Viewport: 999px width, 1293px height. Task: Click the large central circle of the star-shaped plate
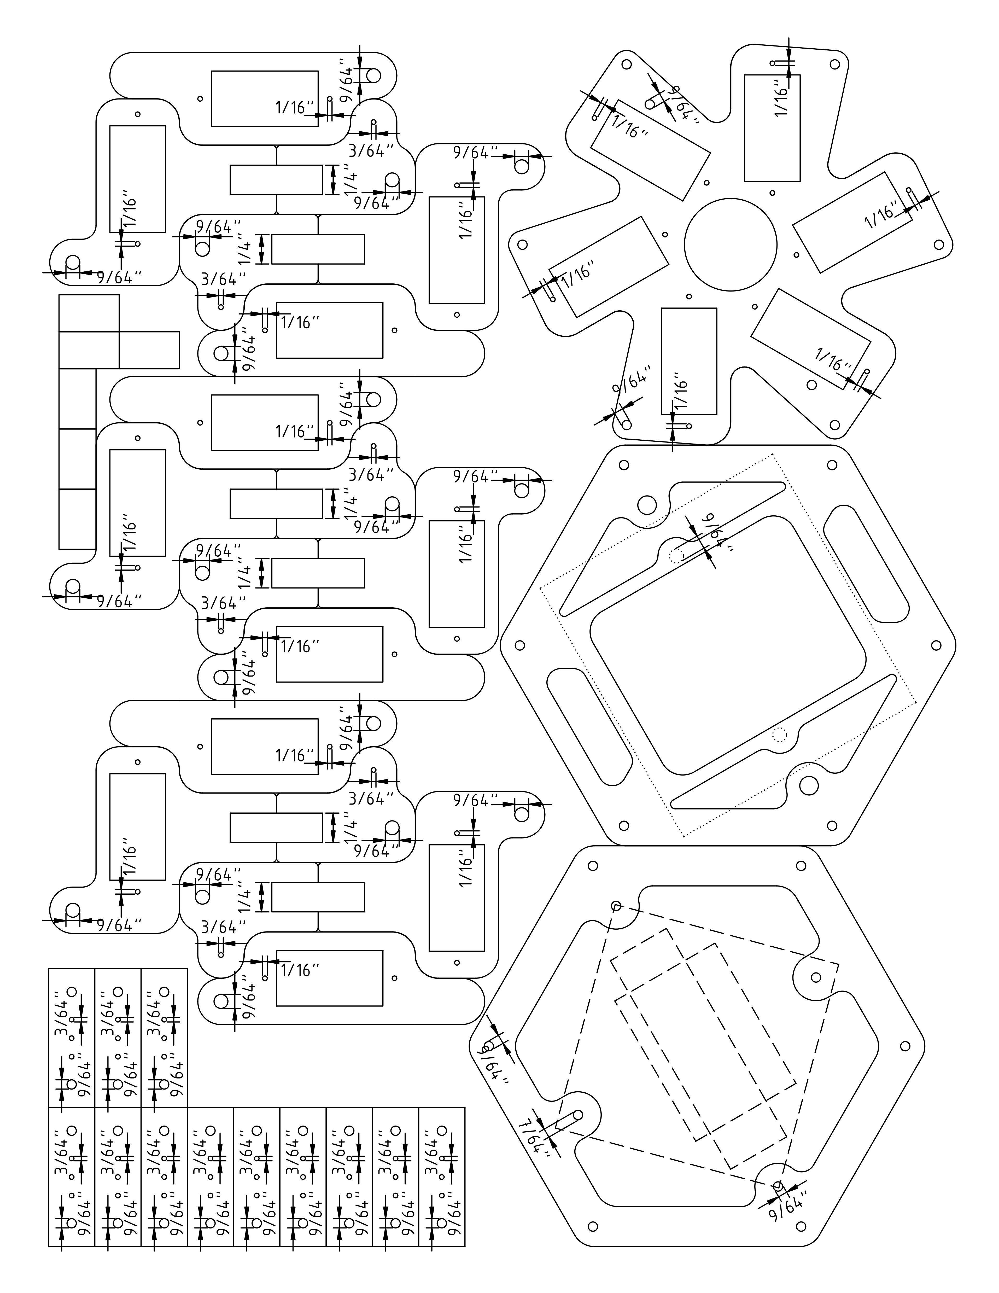pos(730,244)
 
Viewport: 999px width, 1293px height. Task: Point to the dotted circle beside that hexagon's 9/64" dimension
pos(676,555)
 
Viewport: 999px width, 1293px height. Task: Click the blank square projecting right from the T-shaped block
pos(149,350)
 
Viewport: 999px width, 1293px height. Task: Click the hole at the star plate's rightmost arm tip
pos(938,244)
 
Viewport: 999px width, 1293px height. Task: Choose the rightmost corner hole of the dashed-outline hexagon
pos(904,1046)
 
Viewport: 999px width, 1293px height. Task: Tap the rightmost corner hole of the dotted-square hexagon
pos(936,645)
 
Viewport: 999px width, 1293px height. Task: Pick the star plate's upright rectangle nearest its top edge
pos(772,127)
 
